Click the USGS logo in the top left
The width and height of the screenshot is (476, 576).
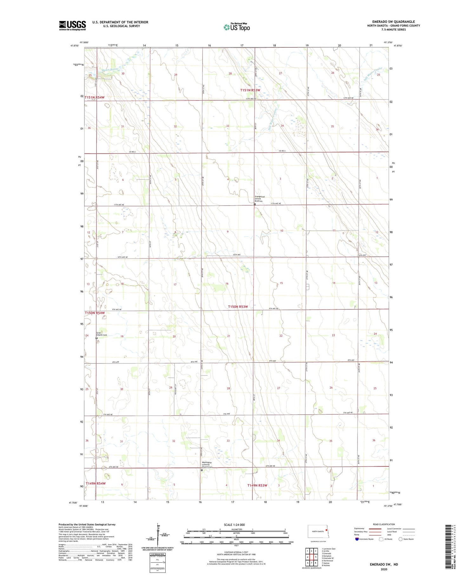72,25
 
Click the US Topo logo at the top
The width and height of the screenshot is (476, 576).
237,27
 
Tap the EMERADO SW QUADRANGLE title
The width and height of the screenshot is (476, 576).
393,22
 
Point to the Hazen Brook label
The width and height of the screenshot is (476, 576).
110,70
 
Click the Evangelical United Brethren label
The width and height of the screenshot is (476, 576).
259,199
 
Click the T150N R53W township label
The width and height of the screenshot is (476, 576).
238,307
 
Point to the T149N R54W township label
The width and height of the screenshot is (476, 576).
95,483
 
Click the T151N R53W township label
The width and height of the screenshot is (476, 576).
250,90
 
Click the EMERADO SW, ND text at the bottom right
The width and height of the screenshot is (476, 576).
384,564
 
